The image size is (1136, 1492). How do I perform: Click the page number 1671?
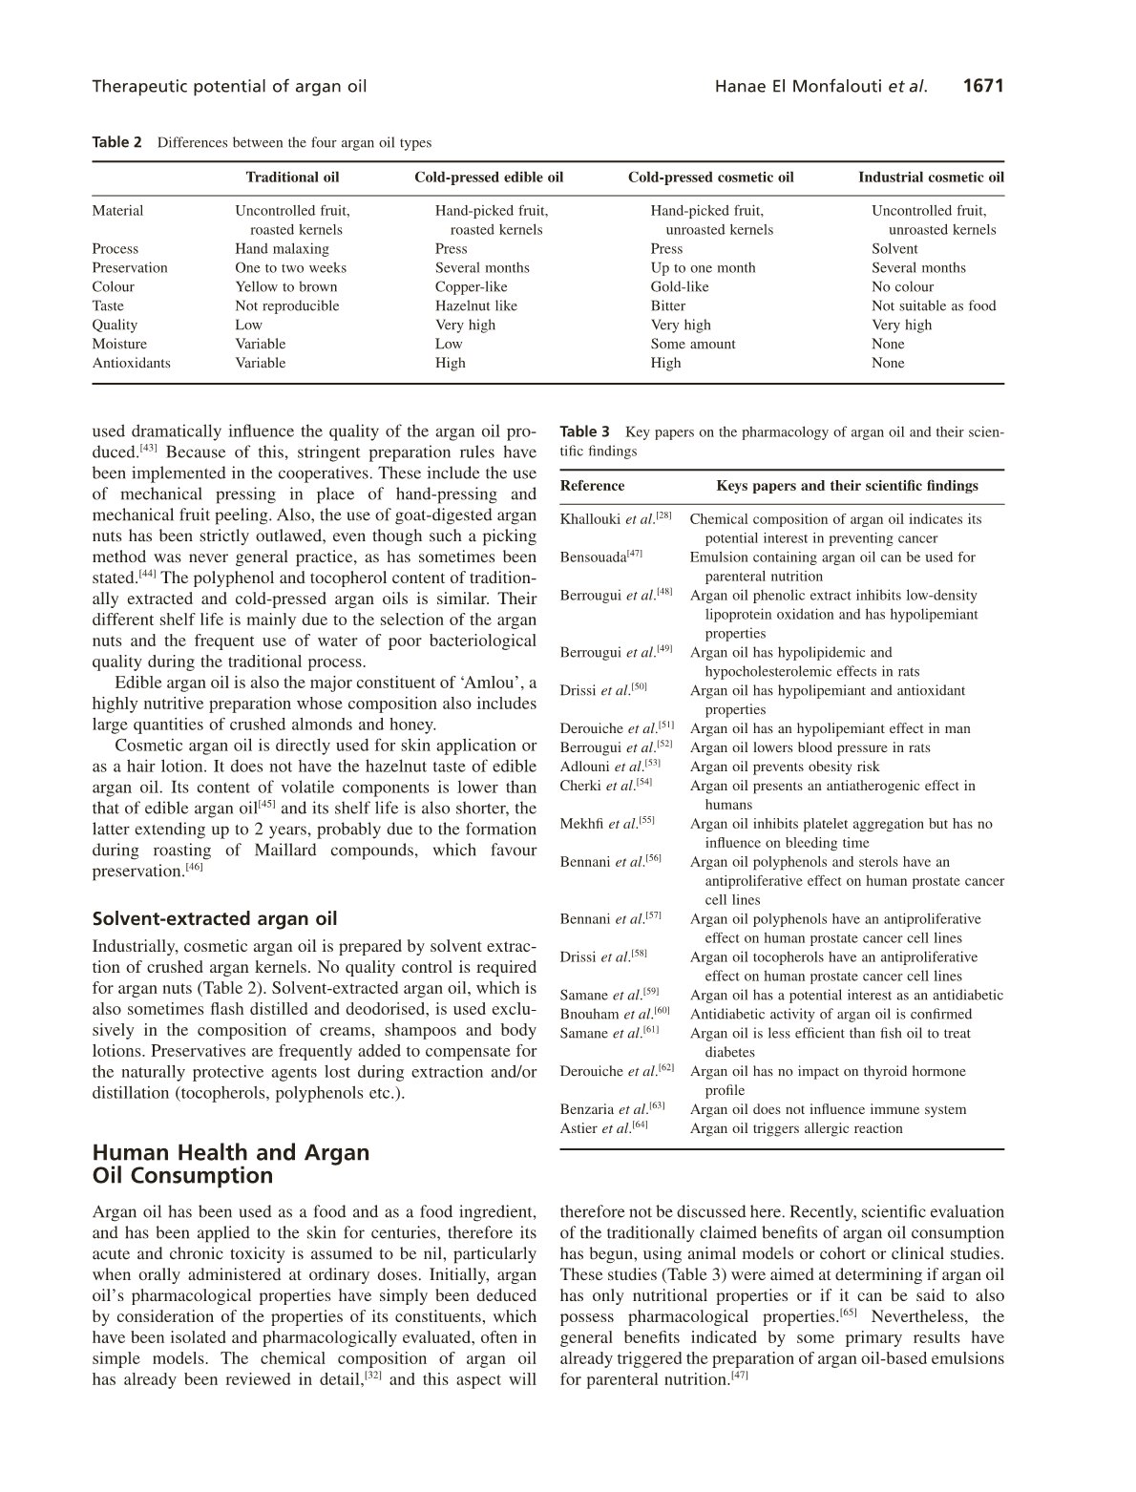coord(983,87)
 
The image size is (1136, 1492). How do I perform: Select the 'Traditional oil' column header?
coord(292,178)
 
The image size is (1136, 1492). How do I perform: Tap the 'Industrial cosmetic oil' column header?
coord(931,178)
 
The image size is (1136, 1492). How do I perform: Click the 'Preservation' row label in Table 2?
coord(130,268)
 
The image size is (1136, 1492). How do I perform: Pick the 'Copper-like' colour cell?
coord(472,287)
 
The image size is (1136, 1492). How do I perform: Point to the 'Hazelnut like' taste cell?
coord(476,306)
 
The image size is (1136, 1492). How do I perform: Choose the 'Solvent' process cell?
coord(894,249)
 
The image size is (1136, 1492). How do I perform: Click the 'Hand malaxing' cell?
coord(282,249)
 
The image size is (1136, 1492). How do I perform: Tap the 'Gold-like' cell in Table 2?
coord(680,287)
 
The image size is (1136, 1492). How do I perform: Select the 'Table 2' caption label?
coord(116,143)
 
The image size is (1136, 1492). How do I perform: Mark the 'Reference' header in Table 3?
coord(592,486)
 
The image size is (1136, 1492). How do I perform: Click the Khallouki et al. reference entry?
coord(616,519)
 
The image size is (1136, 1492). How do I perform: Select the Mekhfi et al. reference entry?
coord(607,824)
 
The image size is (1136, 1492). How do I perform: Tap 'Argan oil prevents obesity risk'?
coord(785,767)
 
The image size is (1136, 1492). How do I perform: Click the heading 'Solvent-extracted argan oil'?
coord(215,919)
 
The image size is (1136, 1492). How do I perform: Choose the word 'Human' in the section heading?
coord(131,1152)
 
